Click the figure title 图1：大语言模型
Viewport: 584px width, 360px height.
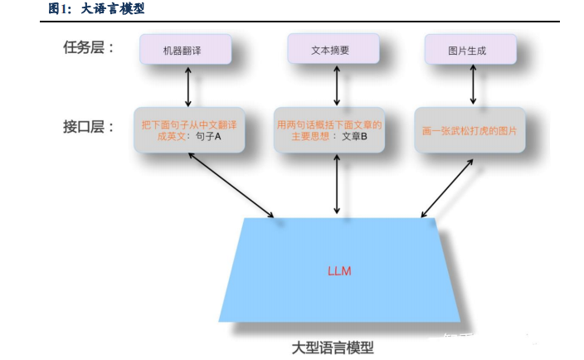pos(97,9)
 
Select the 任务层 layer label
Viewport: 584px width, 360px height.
pos(89,47)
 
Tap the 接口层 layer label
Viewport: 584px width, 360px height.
pos(89,127)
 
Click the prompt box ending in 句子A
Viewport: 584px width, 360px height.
pos(189,129)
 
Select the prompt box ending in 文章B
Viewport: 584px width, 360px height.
pos(330,129)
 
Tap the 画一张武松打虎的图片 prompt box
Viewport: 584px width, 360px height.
pos(470,130)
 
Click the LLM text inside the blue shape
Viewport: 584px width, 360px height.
pos(339,271)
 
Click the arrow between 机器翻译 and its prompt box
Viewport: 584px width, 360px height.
pos(189,85)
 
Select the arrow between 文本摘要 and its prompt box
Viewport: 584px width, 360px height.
pos(336,85)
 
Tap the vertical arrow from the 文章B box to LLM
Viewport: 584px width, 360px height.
pos(336,185)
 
